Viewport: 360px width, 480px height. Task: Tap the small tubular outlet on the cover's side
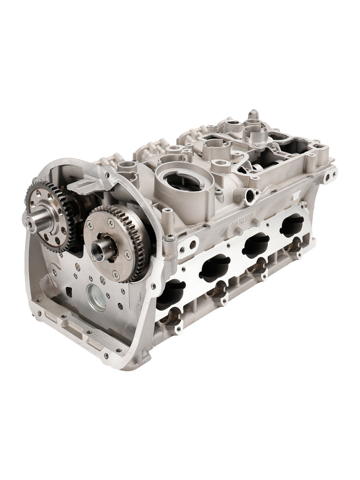(x=251, y=195)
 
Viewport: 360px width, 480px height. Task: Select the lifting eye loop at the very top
(x=252, y=115)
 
